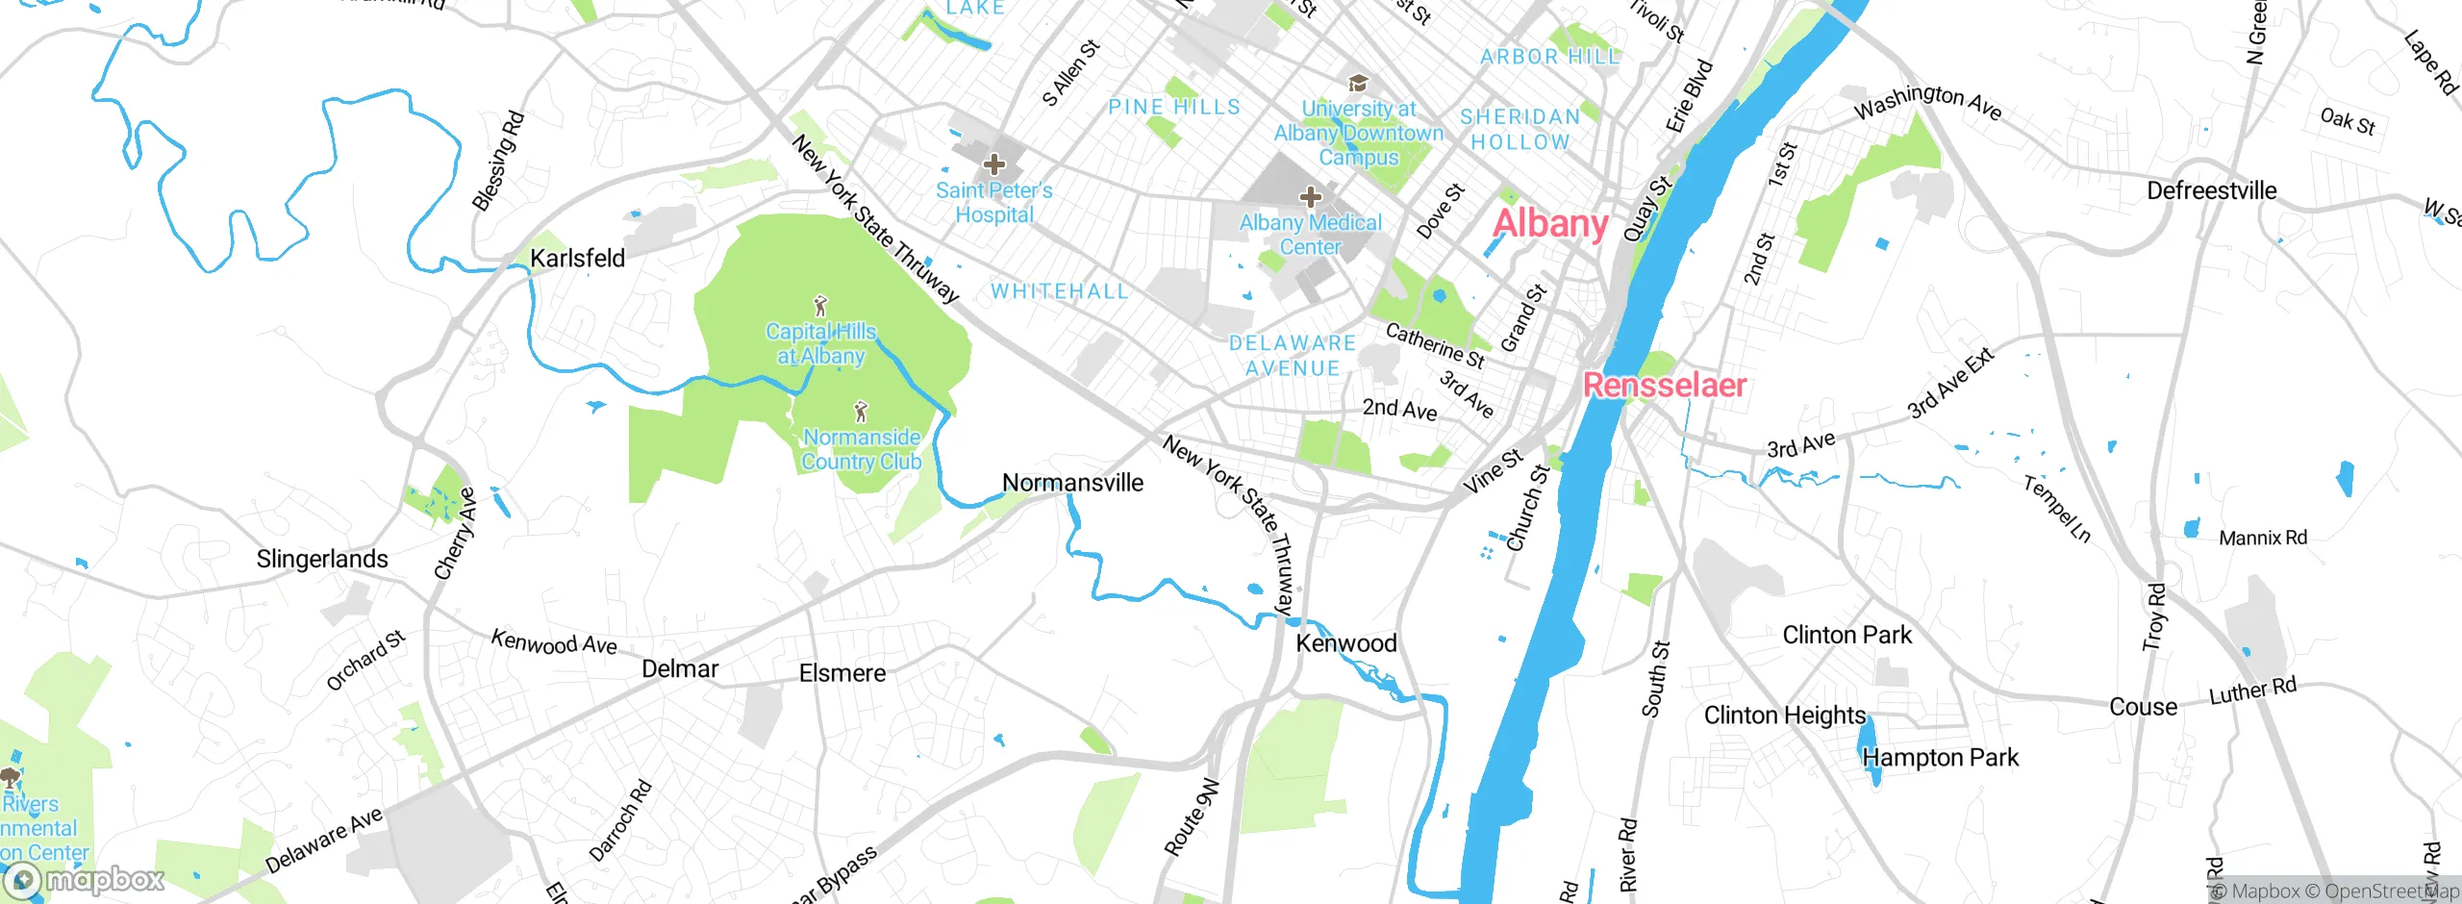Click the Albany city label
(1549, 224)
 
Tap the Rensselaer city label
(1664, 385)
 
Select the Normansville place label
(1072, 483)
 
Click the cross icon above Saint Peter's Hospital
(994, 164)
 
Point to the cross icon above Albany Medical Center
(1310, 197)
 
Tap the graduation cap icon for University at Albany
(1358, 84)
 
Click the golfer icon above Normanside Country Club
(861, 413)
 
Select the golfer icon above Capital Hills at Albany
(820, 307)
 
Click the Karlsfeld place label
(577, 258)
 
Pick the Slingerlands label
(322, 559)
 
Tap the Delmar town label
(680, 668)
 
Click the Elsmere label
(842, 673)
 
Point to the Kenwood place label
(1346, 643)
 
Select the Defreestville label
(2211, 190)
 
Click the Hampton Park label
(1940, 758)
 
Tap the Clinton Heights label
(1784, 716)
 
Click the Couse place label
(2143, 707)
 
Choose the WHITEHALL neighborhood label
(1059, 291)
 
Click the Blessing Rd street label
(498, 161)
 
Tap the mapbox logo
(85, 879)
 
